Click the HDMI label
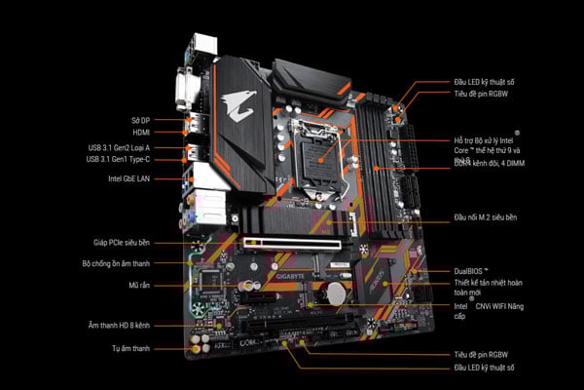[141, 132]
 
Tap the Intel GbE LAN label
[130, 179]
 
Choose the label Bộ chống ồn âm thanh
[115, 263]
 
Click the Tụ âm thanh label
[129, 347]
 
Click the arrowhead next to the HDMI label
[183, 132]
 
